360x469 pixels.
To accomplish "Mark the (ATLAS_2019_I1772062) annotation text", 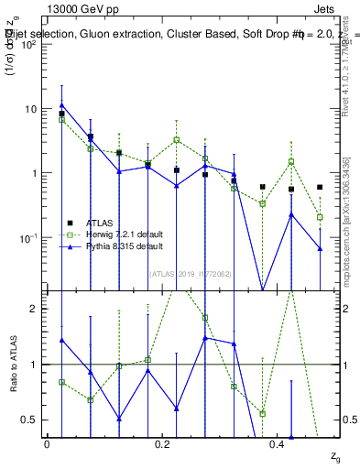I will [x=177, y=273].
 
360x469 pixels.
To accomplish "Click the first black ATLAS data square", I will [x=61, y=115].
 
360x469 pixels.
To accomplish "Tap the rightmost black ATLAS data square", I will [x=320, y=187].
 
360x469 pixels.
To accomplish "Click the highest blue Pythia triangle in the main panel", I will [x=61, y=104].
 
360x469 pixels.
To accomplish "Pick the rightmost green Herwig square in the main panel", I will [x=320, y=217].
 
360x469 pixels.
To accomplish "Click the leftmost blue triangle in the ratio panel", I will [x=61, y=340].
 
